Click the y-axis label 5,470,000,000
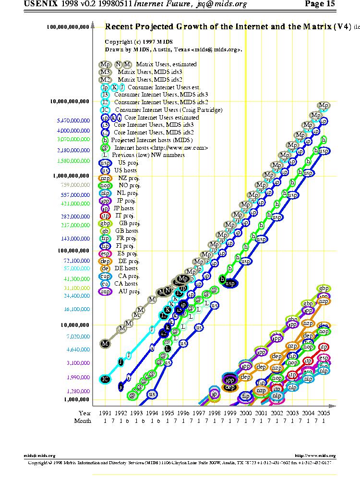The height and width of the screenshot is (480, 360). click(x=73, y=120)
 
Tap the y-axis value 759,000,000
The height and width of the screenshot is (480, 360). click(x=75, y=184)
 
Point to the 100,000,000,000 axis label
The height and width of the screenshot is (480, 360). click(x=68, y=27)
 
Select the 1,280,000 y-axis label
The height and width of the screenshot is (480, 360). click(x=76, y=391)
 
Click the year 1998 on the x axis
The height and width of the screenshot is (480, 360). click(x=214, y=413)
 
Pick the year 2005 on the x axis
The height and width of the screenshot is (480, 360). click(x=323, y=413)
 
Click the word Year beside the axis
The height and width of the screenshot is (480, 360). click(x=84, y=413)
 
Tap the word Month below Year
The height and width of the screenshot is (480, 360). click(x=83, y=421)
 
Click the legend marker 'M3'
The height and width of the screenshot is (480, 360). click(x=105, y=72)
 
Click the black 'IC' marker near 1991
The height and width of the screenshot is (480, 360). click(x=106, y=379)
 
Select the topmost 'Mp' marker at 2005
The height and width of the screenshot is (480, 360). click(x=324, y=106)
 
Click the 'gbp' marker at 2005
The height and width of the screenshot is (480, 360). click(x=324, y=288)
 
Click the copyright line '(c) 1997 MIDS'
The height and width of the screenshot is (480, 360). click(x=132, y=42)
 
